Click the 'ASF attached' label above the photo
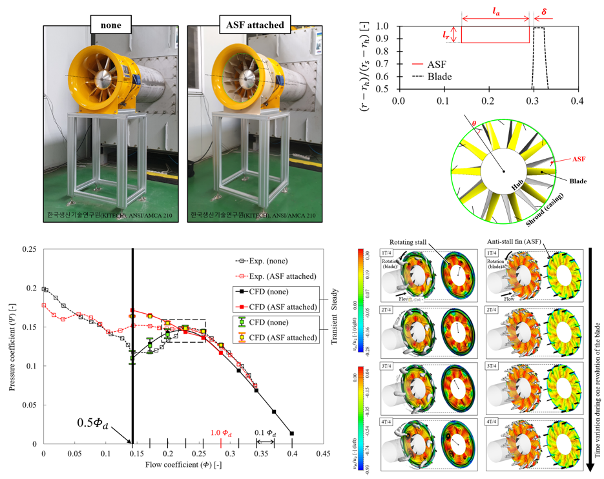coord(256,25)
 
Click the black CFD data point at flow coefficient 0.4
coord(292,433)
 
